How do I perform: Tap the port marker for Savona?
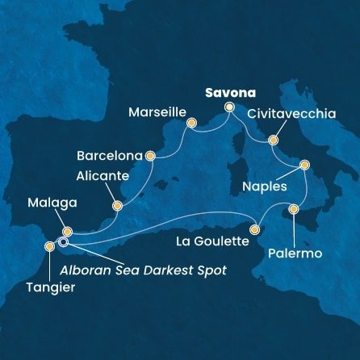228,107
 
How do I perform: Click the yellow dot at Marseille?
191,123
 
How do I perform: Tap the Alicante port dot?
117,205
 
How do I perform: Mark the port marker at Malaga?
67,231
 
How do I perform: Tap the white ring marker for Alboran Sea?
62,241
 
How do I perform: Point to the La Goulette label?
213,239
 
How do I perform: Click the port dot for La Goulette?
255,229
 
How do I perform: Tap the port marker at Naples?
304,165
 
